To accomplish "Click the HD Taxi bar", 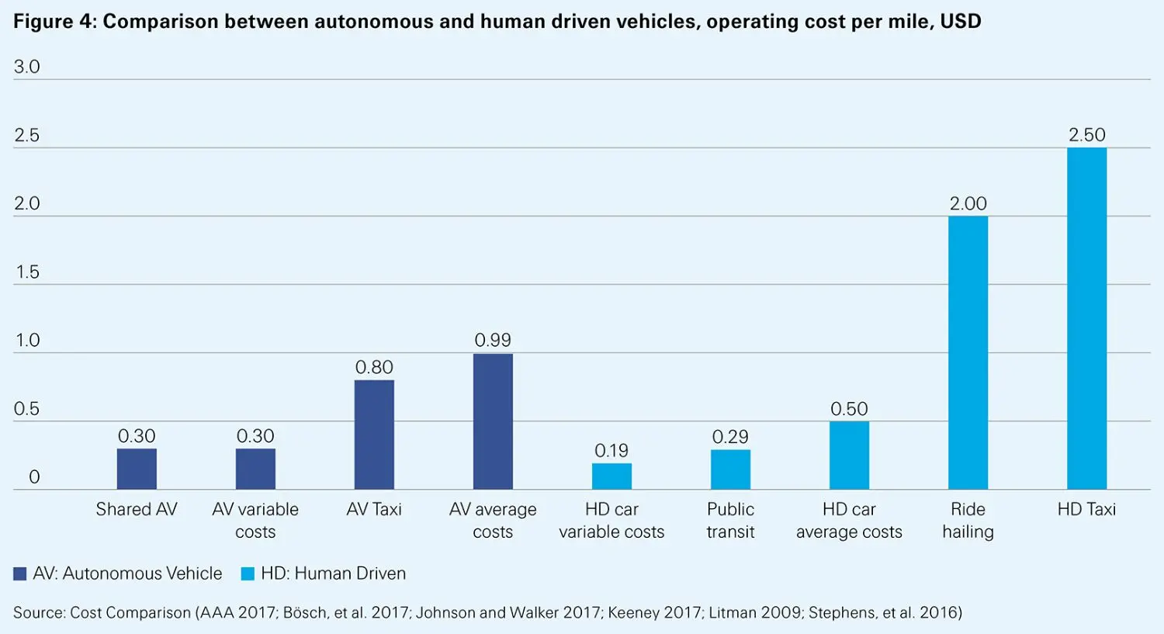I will click(1086, 318).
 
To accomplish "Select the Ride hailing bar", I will click(968, 353).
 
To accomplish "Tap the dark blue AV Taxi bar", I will click(374, 435).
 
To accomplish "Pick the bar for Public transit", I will click(730, 469).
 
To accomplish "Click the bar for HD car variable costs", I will click(611, 476).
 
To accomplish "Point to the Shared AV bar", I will click(137, 469).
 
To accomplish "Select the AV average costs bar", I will click(493, 421).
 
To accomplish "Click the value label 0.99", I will click(493, 340).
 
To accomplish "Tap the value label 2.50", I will click(1086, 135).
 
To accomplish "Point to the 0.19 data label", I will click(611, 450).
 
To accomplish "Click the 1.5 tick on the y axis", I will click(27, 272).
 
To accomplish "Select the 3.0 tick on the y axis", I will click(27, 67).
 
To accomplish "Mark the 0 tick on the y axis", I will click(34, 477).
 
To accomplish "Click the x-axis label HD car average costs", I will click(849, 520).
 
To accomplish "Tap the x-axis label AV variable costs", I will click(255, 520).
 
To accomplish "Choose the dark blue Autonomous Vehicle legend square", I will click(20, 574).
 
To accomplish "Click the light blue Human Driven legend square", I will click(248, 574).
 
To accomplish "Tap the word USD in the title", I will click(961, 21).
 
